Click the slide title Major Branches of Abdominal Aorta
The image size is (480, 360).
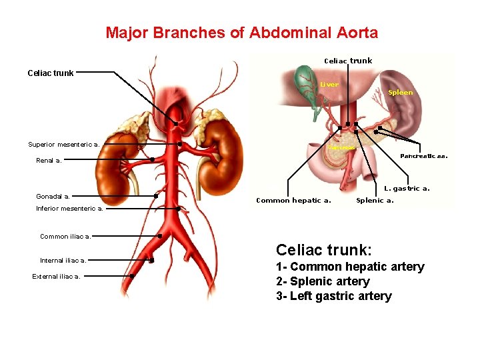(x=241, y=33)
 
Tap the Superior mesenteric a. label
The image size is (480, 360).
(x=64, y=144)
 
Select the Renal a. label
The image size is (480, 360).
(x=49, y=160)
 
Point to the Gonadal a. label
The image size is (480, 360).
(x=53, y=197)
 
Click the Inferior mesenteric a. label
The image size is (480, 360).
(x=69, y=209)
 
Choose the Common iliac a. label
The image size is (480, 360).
(x=65, y=236)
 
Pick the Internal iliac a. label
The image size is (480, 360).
(x=63, y=261)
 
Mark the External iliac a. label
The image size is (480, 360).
(x=56, y=277)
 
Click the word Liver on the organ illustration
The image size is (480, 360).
(x=329, y=85)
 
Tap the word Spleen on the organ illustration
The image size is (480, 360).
(x=400, y=93)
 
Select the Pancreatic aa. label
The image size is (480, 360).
(x=423, y=156)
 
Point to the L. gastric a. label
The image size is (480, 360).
(x=407, y=189)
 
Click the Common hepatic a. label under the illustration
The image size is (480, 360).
(x=293, y=200)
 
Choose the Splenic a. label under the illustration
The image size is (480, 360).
(x=375, y=200)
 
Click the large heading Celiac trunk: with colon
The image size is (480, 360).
(x=323, y=250)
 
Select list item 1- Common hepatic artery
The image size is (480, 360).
(x=350, y=267)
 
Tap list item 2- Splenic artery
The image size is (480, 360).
(x=323, y=281)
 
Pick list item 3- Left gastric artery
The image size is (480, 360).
(x=334, y=296)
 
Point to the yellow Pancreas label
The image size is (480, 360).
(x=341, y=147)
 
